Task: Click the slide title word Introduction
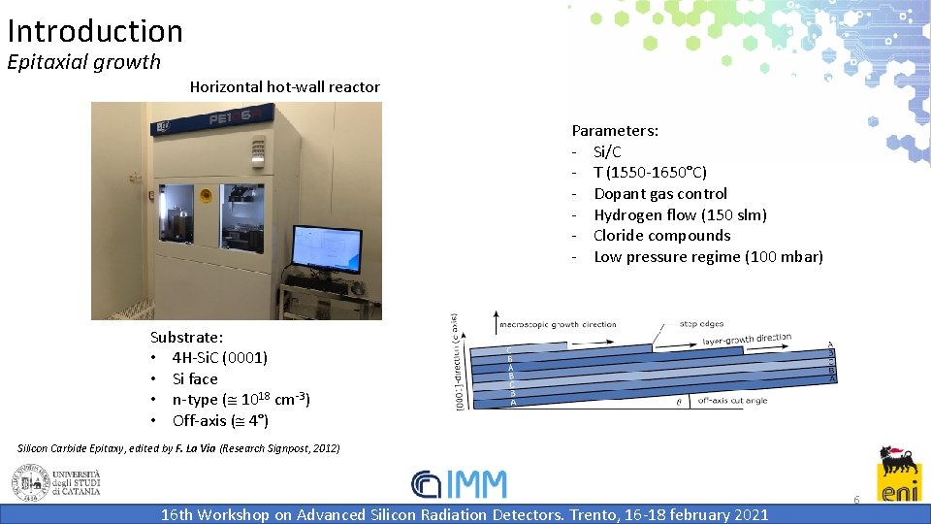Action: (x=95, y=31)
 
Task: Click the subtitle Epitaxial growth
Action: (x=83, y=62)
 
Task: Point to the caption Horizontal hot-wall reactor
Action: (x=284, y=87)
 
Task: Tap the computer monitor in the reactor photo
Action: (x=327, y=249)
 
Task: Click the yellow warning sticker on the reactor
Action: (x=206, y=194)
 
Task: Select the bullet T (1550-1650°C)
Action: (x=650, y=173)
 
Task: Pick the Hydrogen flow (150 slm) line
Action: (x=680, y=214)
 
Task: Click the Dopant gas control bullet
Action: (x=659, y=193)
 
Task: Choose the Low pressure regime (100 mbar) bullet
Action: (x=708, y=256)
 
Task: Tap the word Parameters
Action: (x=615, y=130)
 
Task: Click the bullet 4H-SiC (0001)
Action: (x=219, y=357)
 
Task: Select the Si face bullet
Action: (x=195, y=378)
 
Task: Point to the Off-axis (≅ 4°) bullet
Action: (x=220, y=420)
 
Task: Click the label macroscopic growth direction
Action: (x=557, y=324)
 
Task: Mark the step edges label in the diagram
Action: (x=701, y=323)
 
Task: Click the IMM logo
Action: (x=459, y=484)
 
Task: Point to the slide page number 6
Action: (x=856, y=499)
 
